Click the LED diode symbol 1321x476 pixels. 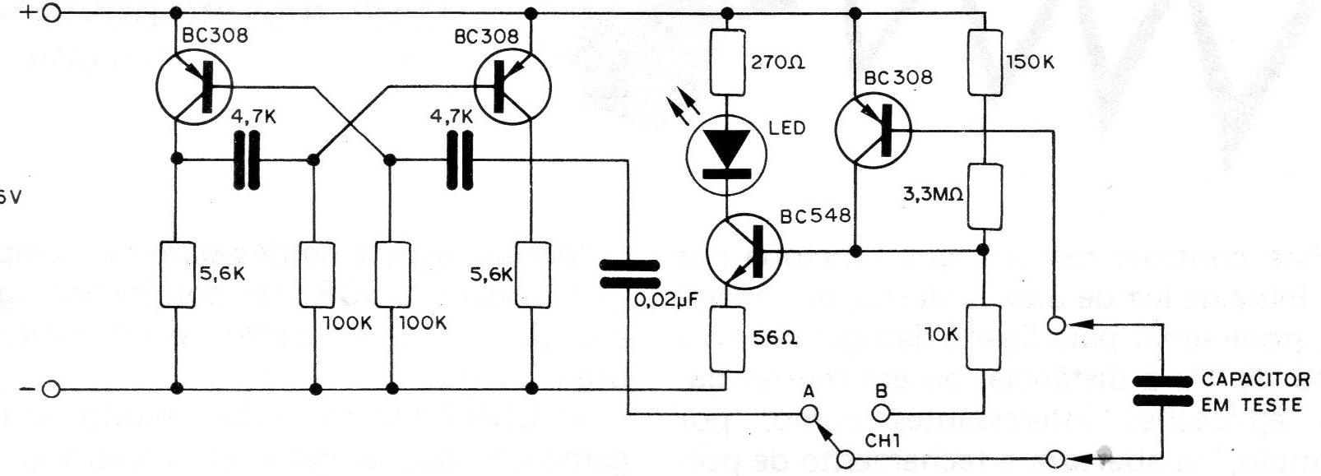[x=727, y=156]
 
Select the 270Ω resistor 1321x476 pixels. [x=727, y=63]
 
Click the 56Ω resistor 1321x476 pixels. [x=727, y=339]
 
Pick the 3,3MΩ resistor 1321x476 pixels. [x=985, y=196]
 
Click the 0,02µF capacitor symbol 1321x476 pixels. [x=628, y=275]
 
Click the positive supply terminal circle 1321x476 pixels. [x=52, y=14]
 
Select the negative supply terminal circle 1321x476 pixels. [x=52, y=390]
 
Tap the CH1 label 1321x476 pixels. [x=883, y=441]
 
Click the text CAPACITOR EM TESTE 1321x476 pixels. [x=1255, y=392]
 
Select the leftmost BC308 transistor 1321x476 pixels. [x=192, y=86]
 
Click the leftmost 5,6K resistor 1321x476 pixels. [x=176, y=275]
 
